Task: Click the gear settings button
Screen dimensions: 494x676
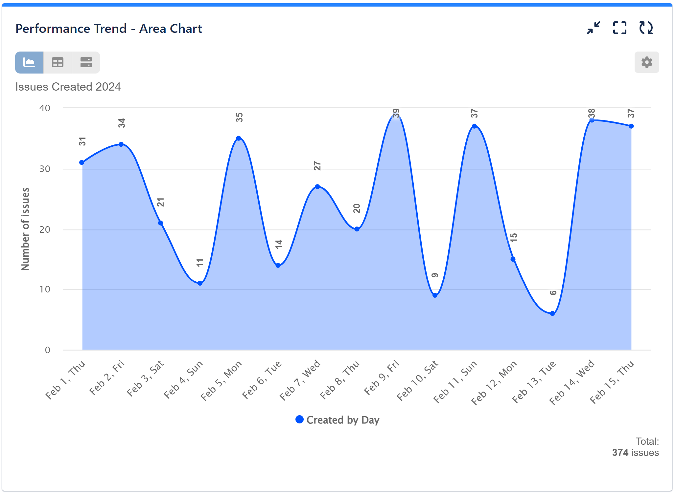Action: (x=646, y=62)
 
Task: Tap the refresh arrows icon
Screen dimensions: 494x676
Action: (x=646, y=28)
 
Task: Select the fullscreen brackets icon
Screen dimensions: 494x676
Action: (x=619, y=28)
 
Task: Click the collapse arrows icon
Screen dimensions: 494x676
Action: (x=594, y=28)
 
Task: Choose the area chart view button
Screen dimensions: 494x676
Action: (x=29, y=62)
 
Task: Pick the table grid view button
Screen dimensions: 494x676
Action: (x=58, y=62)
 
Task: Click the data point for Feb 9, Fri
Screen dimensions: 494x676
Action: (x=396, y=114)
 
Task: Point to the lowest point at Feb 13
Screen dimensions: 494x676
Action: (x=552, y=313)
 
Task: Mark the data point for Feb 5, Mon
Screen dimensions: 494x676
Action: (x=239, y=138)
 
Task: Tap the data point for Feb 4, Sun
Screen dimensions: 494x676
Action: (x=200, y=283)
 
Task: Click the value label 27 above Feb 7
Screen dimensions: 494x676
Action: (x=317, y=166)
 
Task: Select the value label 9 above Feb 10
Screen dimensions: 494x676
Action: (x=435, y=275)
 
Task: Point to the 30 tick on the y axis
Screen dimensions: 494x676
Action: (x=45, y=169)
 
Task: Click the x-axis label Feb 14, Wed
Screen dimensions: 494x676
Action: (x=572, y=382)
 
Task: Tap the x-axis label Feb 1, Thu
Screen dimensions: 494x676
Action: (x=65, y=380)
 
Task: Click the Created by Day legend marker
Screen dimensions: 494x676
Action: (x=299, y=419)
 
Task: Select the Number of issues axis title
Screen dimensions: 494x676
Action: (x=25, y=229)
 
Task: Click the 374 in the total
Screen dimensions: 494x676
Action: (x=620, y=453)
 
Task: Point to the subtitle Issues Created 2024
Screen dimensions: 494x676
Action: (x=68, y=87)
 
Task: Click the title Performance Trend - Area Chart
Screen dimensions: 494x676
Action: (x=108, y=29)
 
